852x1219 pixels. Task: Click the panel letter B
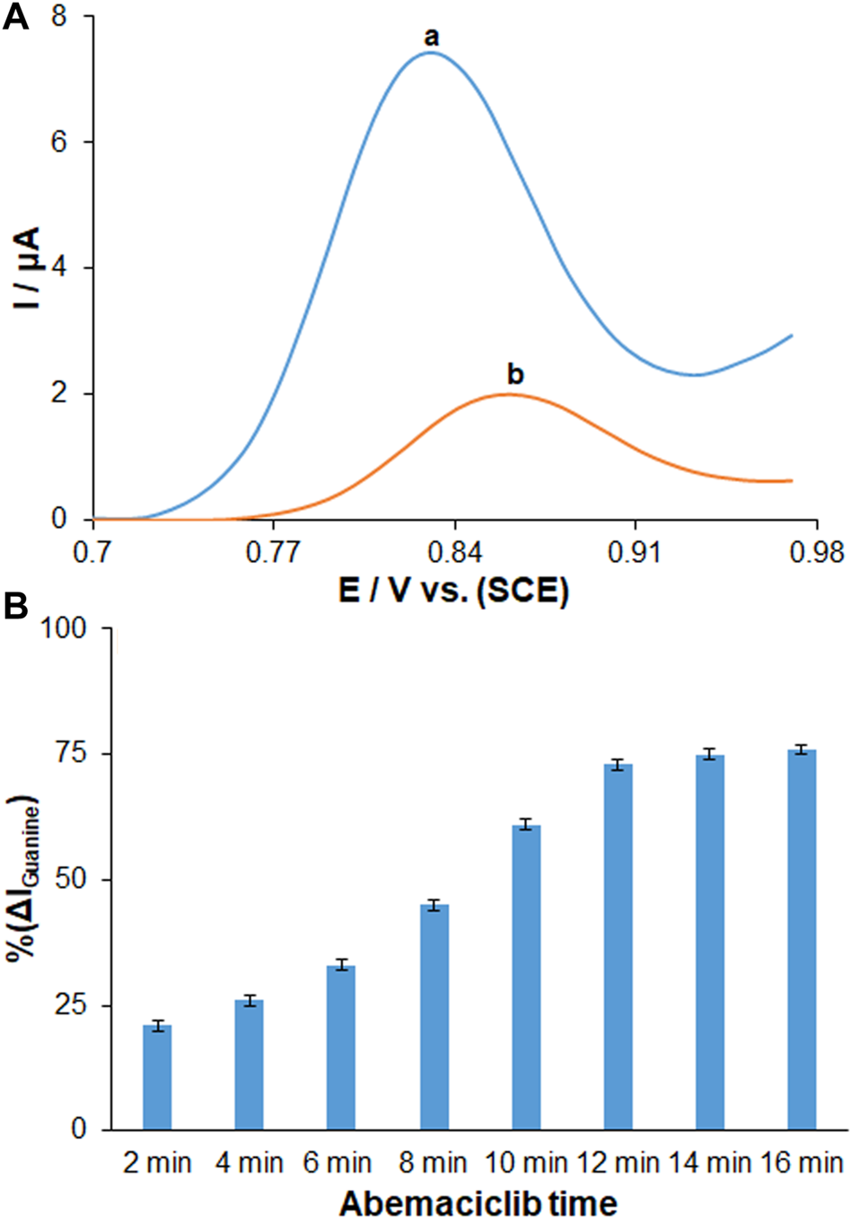pos(15,608)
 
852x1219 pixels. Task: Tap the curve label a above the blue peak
pos(432,37)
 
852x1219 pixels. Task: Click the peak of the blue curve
pos(431,53)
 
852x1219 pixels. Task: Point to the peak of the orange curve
pos(509,394)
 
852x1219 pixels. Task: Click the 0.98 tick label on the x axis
pos(814,551)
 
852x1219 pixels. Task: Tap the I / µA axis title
pos(27,269)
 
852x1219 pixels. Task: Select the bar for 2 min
pos(157,1077)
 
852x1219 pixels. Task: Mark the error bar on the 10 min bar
pos(526,825)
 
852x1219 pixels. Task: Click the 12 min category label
pos(618,1163)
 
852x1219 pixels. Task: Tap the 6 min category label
pos(337,1163)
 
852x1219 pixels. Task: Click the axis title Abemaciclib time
pos(478,1202)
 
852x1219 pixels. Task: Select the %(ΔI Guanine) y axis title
pos(27,879)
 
